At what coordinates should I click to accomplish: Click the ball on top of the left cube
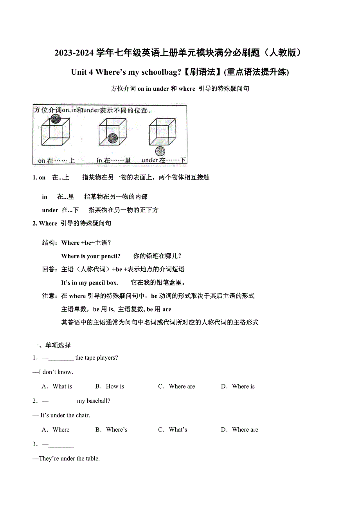(x=56, y=119)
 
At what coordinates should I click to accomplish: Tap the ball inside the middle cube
(x=113, y=137)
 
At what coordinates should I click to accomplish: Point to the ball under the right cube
(x=160, y=151)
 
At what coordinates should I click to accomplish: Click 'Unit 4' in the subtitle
(x=82, y=72)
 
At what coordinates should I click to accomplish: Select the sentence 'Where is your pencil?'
(x=91, y=256)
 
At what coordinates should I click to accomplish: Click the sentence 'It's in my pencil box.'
(x=89, y=283)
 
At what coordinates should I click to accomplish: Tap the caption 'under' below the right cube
(x=149, y=160)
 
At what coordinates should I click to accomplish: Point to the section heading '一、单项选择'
(x=52, y=345)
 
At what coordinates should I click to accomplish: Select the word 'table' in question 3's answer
(x=91, y=459)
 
